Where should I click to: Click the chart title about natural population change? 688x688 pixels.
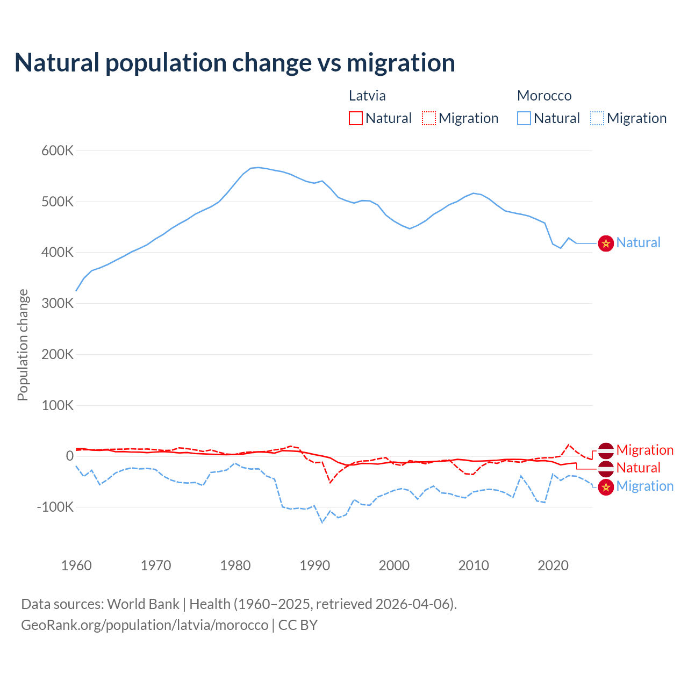point(235,63)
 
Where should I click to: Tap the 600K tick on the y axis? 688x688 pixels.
point(58,151)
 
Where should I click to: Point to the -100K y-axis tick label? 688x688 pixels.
point(55,507)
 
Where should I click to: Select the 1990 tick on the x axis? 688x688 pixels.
point(314,565)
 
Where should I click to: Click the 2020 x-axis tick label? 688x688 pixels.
point(553,565)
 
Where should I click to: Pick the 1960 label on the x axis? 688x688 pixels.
point(76,565)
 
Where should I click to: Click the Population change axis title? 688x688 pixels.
point(23,345)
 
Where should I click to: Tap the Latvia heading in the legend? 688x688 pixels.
point(367,96)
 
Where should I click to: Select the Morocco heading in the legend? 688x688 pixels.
point(544,96)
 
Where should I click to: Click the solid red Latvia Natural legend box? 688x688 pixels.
point(356,118)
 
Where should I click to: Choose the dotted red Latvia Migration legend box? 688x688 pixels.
point(429,118)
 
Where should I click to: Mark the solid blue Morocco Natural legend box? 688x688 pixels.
point(524,118)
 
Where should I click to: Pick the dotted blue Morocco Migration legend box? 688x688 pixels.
point(597,118)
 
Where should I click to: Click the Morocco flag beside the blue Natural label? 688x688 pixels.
point(606,243)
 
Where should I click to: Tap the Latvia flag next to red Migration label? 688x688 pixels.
point(606,450)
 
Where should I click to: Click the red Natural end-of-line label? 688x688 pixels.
point(638,468)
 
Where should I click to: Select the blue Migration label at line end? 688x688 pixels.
point(644,486)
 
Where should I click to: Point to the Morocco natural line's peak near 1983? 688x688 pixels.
point(258,167)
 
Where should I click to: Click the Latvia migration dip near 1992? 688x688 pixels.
point(330,483)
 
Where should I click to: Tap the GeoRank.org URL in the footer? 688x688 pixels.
point(145,625)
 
